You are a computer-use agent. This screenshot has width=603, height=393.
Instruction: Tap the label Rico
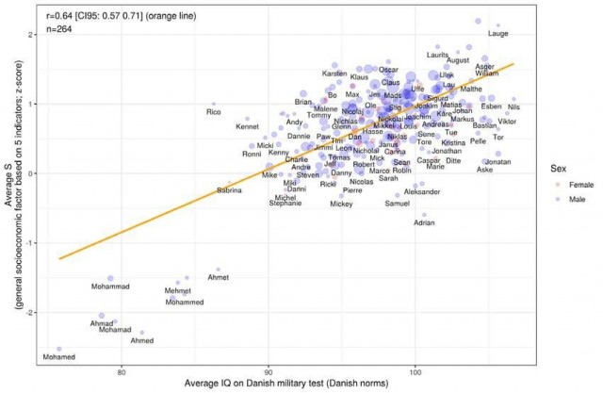(214, 113)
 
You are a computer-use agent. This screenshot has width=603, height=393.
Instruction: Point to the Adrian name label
(425, 223)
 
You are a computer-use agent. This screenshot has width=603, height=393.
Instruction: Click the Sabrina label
(229, 191)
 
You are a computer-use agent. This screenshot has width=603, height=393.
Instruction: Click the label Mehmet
(178, 291)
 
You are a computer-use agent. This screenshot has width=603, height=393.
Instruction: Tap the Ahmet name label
(218, 278)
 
